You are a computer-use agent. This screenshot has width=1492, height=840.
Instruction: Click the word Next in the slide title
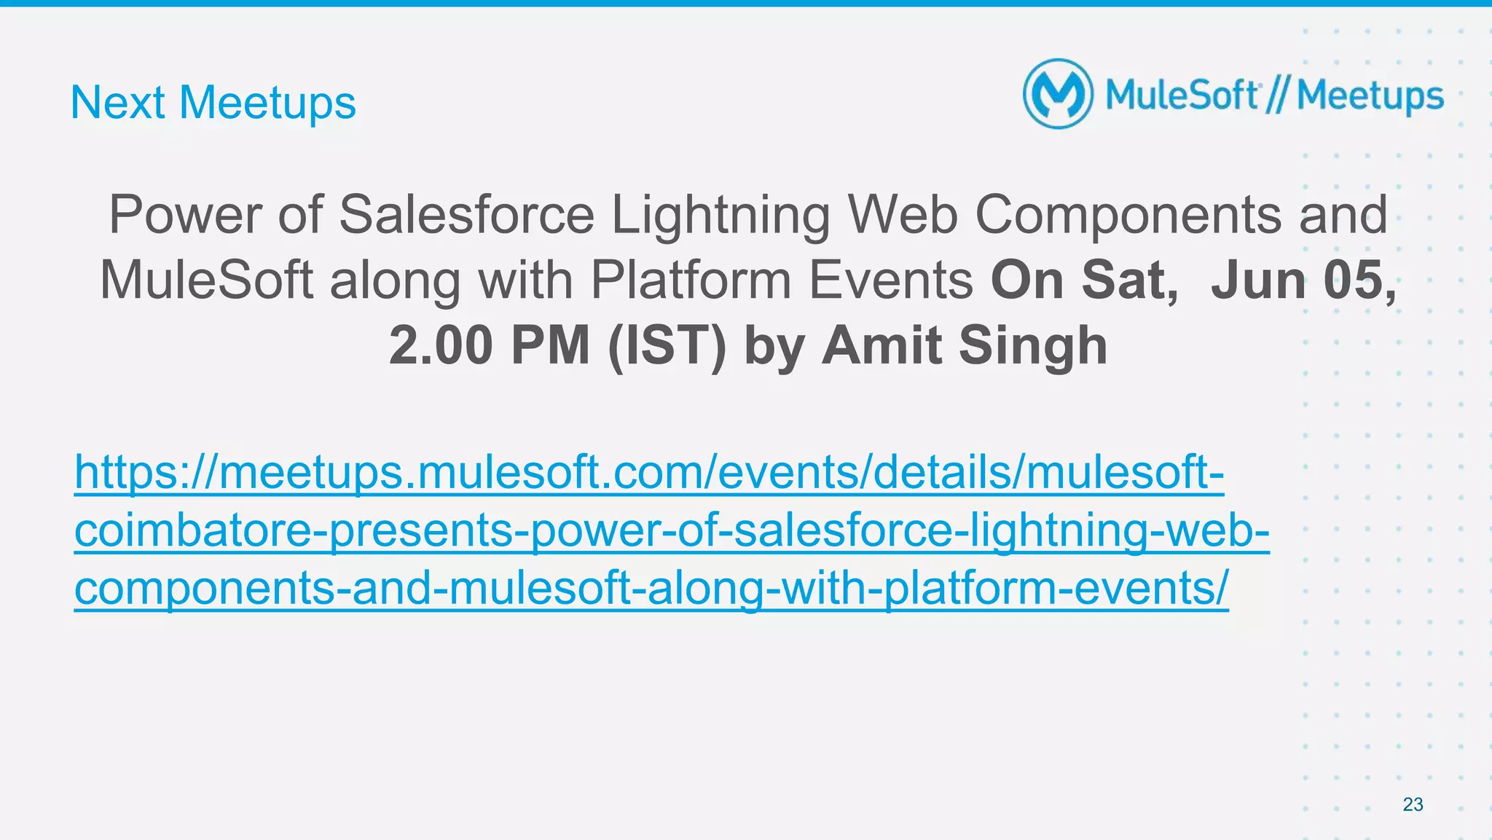click(117, 103)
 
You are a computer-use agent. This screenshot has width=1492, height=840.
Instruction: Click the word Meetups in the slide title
click(267, 103)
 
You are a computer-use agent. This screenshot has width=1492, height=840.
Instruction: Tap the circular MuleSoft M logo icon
click(1058, 95)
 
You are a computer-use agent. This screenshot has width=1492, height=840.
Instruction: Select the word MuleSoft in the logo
click(1182, 96)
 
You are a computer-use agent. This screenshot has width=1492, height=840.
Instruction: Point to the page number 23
click(1413, 804)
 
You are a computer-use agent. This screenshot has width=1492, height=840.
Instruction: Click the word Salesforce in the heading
click(467, 215)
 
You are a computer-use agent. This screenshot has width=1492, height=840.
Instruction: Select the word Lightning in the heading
click(720, 216)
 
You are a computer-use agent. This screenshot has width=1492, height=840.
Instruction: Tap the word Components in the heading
click(1128, 216)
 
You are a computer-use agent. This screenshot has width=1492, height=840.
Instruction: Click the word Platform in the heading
click(690, 280)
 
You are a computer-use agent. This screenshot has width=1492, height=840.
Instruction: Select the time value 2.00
click(441, 345)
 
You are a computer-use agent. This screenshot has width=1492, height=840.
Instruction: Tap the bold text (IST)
click(667, 346)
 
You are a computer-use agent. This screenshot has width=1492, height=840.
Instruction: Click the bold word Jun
click(1258, 280)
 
